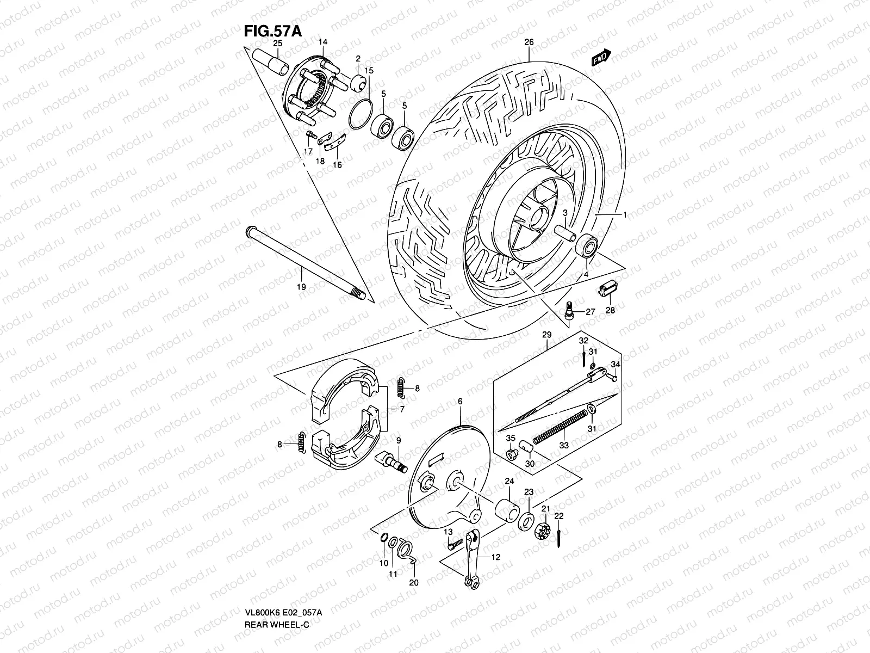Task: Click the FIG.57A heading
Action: coord(272,30)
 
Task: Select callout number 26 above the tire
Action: coord(529,42)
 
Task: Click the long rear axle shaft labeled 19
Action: coord(304,262)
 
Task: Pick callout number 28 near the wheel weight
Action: coord(610,310)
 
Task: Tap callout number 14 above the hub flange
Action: coord(323,42)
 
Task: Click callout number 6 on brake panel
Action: coord(460,402)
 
